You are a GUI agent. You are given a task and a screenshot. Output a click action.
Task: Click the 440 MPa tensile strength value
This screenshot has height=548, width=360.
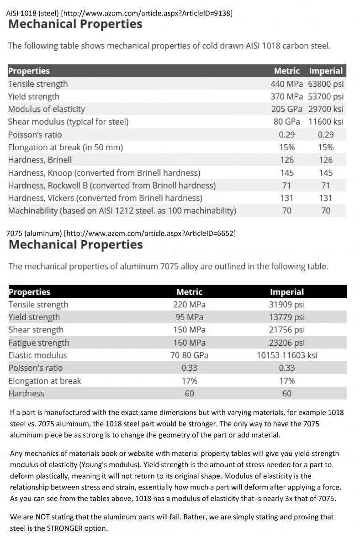(286, 84)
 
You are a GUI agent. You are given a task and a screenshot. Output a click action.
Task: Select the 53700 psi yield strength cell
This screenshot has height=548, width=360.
(326, 97)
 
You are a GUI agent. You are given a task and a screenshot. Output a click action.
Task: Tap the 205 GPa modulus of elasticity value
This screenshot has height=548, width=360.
(286, 109)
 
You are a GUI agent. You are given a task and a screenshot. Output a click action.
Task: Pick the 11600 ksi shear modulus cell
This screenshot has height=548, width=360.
(326, 121)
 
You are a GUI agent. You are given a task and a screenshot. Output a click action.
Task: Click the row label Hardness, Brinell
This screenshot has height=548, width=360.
(40, 160)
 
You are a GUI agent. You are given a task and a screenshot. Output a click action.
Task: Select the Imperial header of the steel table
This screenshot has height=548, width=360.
(326, 71)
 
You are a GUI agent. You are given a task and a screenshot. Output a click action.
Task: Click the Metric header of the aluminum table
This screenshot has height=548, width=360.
(190, 292)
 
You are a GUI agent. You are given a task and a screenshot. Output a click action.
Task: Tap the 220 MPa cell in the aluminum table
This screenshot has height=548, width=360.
(190, 305)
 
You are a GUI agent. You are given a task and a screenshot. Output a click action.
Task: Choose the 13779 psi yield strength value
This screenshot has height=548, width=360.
(287, 317)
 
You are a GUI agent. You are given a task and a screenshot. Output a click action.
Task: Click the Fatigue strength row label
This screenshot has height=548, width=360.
(39, 343)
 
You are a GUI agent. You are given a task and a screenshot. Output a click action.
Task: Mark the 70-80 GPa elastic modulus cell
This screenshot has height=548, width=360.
(190, 355)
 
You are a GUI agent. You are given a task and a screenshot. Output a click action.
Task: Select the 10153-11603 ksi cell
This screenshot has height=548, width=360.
(287, 355)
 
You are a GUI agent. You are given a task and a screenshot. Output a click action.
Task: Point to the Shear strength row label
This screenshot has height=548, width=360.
(36, 330)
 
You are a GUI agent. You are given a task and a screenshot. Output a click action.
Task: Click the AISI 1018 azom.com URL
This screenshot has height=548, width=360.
(147, 13)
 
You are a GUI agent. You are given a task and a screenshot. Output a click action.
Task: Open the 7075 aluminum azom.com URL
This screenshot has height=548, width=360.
(150, 233)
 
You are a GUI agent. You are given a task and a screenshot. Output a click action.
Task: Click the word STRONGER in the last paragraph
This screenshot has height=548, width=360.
(64, 528)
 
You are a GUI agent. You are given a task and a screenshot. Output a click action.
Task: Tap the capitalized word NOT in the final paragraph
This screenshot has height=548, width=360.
(42, 517)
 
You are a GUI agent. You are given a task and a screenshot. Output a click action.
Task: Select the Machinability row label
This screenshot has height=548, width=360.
(122, 211)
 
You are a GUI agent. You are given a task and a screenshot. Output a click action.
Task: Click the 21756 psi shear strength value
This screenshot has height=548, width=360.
(287, 330)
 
